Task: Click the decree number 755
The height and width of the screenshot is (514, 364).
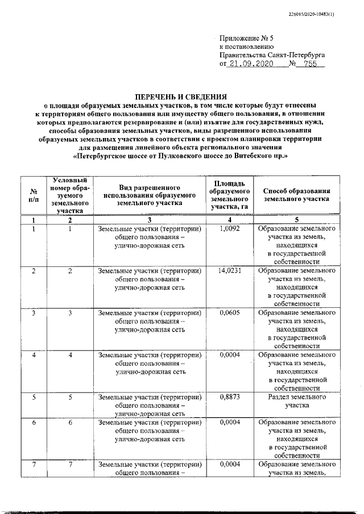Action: point(310,65)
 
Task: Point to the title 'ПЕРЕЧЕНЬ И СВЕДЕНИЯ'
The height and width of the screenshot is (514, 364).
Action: point(181,97)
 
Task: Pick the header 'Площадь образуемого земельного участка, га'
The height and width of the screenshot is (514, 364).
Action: point(230,195)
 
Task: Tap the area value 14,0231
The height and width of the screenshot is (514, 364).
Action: point(230,271)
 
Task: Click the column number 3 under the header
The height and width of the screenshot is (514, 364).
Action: point(150,220)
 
